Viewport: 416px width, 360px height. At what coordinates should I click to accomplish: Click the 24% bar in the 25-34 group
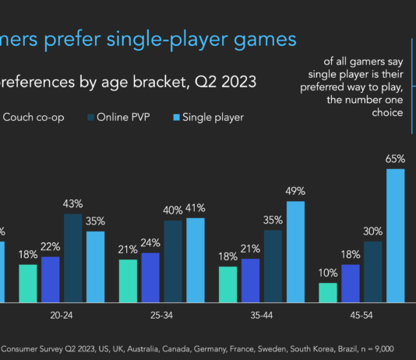pos(150,277)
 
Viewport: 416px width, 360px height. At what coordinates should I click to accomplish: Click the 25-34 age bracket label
pos(162,319)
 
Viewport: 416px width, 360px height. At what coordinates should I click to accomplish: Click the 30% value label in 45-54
pos(373,231)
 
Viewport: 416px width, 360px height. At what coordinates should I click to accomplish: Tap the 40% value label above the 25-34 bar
pos(173,210)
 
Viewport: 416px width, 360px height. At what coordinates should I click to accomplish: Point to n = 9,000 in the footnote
pos(373,349)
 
